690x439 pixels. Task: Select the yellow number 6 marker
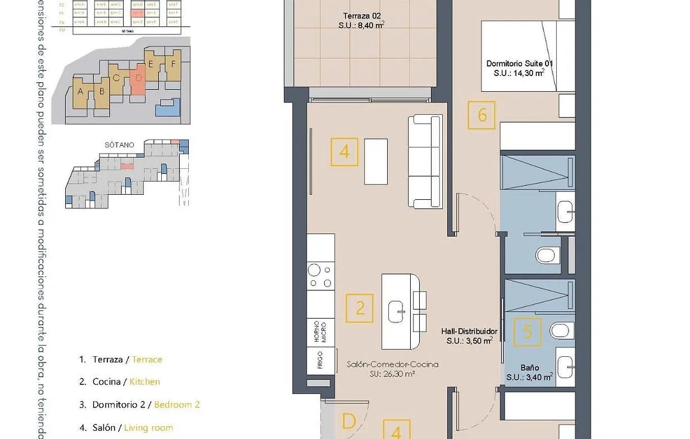point(482,115)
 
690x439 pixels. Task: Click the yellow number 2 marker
point(360,308)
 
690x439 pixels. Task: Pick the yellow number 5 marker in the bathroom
point(528,332)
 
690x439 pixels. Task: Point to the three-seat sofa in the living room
point(426,161)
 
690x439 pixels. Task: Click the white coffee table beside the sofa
point(376,161)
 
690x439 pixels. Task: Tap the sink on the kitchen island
point(397,308)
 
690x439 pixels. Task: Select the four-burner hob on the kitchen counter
point(320,276)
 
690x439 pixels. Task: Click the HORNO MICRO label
point(320,332)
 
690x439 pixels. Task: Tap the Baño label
point(529,368)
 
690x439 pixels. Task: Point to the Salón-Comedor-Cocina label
point(392,364)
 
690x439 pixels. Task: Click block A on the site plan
point(81,92)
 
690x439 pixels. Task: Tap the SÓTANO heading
point(119,145)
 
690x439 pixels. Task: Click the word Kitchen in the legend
point(144,382)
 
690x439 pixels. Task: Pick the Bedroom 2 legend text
point(177,404)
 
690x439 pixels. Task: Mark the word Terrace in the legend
point(147,359)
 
